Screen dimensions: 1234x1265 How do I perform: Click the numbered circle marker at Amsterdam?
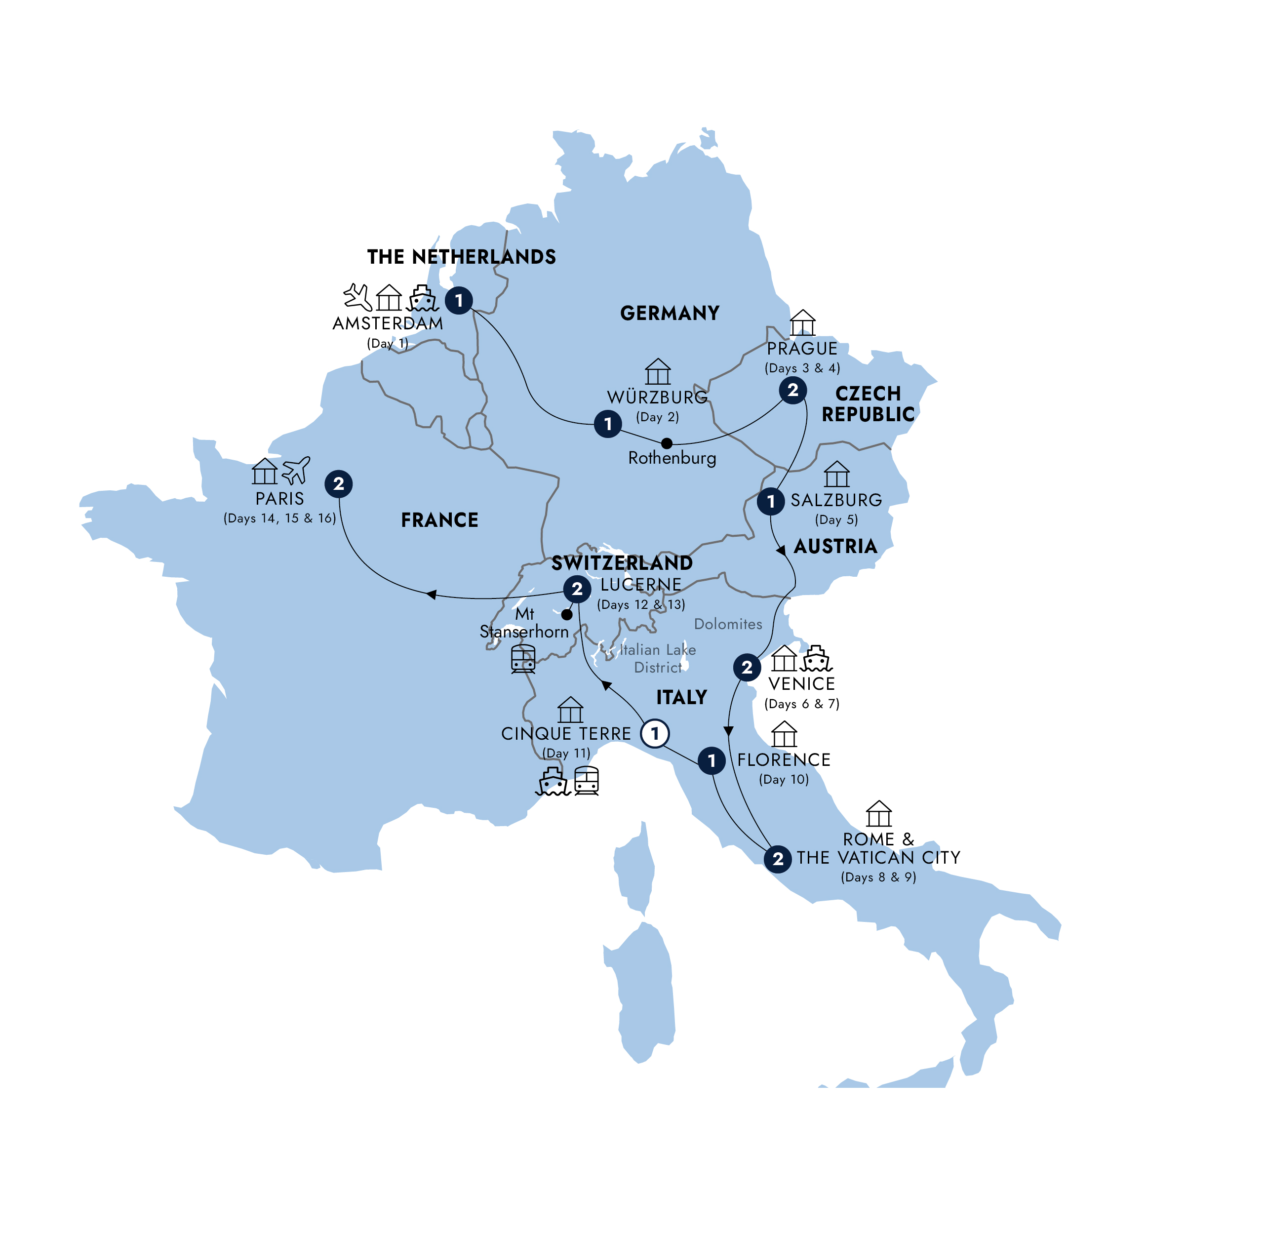click(458, 300)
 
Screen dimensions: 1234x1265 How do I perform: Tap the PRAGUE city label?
click(802, 349)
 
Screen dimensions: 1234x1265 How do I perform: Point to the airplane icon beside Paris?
click(296, 470)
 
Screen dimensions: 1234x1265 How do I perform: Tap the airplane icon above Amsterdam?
click(357, 297)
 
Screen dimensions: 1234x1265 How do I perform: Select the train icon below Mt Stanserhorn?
click(523, 659)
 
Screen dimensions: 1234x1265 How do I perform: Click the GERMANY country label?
click(670, 313)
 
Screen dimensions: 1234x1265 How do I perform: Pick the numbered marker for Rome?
click(777, 859)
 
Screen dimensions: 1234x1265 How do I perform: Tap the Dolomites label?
click(728, 624)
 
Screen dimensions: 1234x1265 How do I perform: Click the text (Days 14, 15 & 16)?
click(279, 518)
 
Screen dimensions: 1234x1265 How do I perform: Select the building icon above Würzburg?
click(657, 371)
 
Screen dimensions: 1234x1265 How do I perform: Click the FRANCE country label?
click(439, 520)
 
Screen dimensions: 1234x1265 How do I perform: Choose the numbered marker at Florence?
click(711, 760)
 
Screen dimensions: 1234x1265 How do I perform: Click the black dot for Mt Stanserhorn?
click(566, 614)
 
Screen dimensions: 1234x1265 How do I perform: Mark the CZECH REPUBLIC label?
click(868, 404)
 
